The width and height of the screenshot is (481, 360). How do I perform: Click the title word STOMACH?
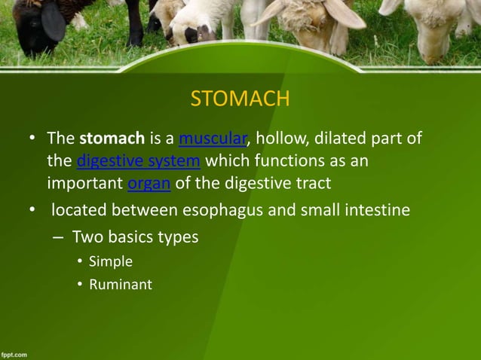(x=240, y=99)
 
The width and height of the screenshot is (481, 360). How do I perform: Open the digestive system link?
(x=138, y=160)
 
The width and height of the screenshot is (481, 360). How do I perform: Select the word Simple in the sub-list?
(x=110, y=261)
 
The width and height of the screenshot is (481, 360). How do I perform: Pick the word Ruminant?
(x=120, y=285)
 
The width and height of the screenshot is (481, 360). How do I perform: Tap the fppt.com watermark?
(x=15, y=353)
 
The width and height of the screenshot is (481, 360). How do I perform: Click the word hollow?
(x=281, y=139)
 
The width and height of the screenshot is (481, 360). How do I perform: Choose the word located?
(x=81, y=209)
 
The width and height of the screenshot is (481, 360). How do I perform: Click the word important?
(x=81, y=182)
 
